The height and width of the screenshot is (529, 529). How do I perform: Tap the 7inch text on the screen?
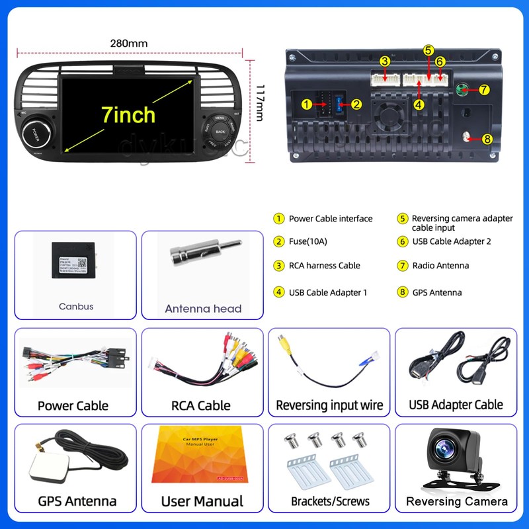coord(128,114)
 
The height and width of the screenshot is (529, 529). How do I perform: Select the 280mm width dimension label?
coord(129,44)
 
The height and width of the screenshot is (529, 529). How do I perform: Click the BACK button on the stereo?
coord(220,132)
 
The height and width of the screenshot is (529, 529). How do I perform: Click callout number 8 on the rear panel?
coord(487,139)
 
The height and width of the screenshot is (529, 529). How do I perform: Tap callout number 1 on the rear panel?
coord(306,104)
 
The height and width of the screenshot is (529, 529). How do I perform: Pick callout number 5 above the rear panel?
coord(428,50)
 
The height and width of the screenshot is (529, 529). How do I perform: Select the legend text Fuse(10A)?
coord(307,241)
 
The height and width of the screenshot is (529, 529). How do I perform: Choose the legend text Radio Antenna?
coord(440,265)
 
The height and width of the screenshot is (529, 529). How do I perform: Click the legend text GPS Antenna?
coord(437,292)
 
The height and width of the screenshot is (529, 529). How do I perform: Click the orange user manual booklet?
coord(202,456)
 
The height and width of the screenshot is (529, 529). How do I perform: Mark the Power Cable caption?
coord(73,405)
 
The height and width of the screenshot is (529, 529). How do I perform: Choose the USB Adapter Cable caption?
coord(456,405)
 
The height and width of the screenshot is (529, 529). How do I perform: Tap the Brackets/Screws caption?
coord(330,501)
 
